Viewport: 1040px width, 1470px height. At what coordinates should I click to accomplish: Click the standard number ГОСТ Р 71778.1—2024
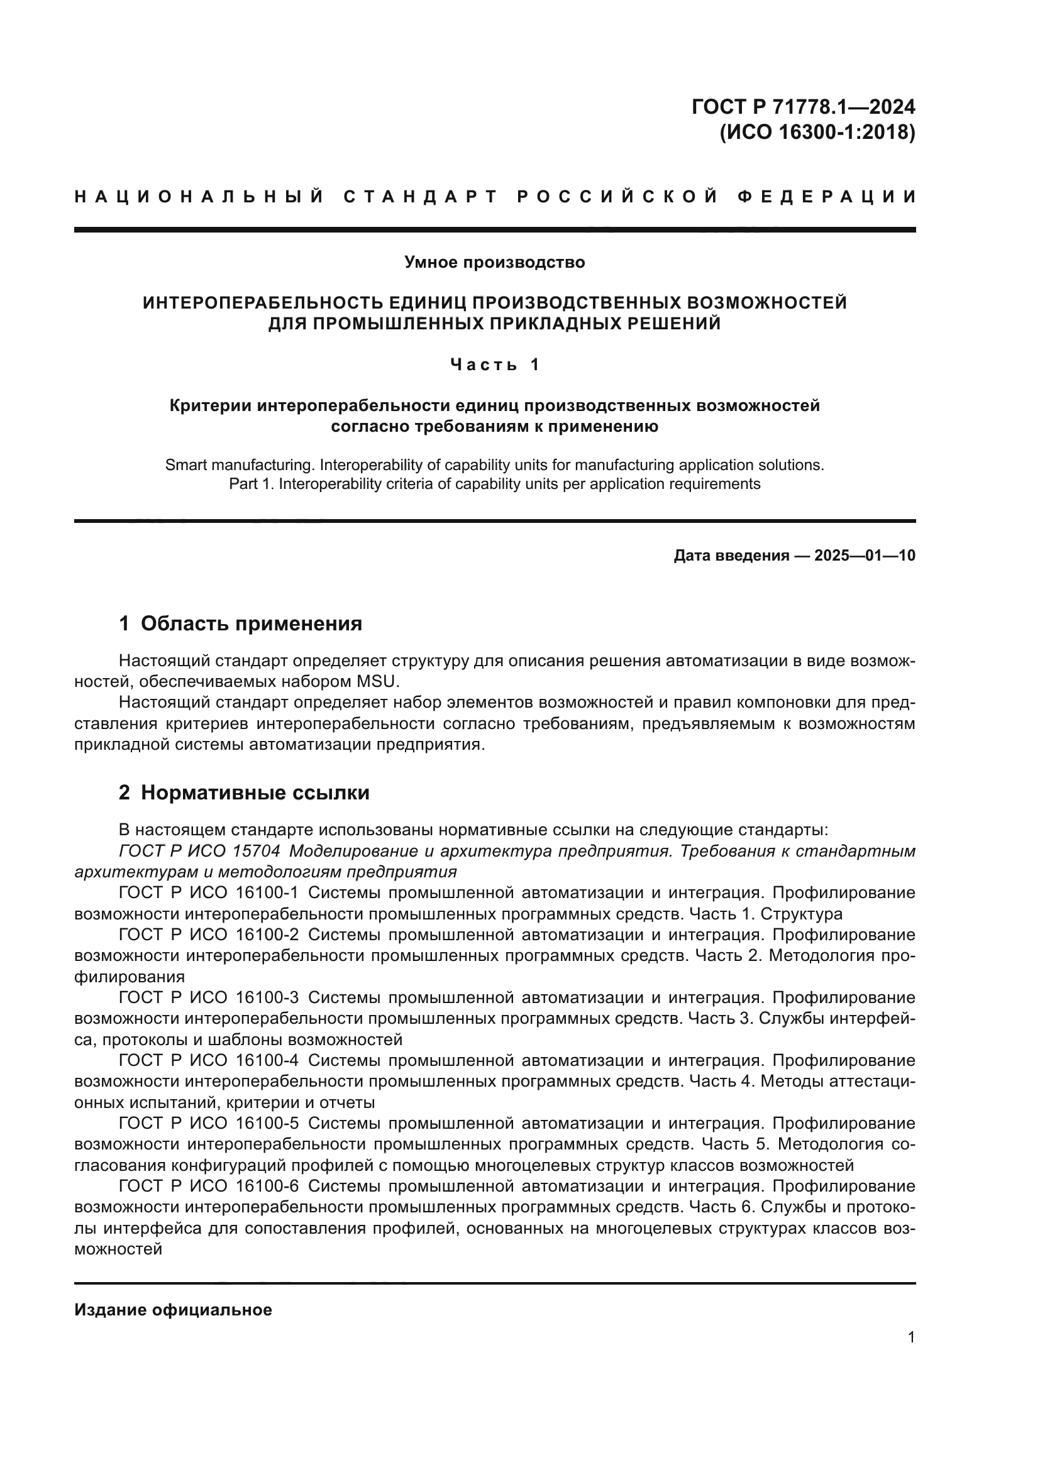click(803, 107)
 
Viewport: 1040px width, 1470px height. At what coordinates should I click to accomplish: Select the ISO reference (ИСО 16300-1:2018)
click(817, 133)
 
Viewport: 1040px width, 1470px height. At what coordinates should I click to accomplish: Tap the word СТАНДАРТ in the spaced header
click(421, 197)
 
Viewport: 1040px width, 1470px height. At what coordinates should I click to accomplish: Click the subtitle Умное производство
click(494, 263)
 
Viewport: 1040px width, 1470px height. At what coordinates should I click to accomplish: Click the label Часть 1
click(494, 365)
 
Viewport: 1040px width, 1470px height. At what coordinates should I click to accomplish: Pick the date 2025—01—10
click(865, 556)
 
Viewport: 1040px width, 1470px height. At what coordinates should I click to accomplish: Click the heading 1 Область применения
click(241, 623)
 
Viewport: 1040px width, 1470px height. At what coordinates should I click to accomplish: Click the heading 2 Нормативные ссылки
click(244, 793)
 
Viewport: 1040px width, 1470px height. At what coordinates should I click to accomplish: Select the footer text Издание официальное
click(173, 1310)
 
